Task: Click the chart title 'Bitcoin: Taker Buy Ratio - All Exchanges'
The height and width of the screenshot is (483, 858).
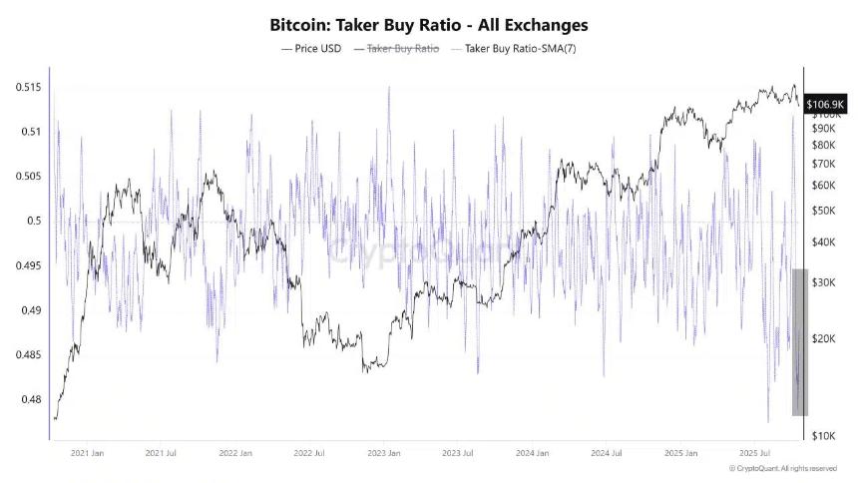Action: point(429,23)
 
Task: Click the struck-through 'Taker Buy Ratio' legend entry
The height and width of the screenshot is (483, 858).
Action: point(396,48)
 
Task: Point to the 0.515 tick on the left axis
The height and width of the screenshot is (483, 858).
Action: point(28,88)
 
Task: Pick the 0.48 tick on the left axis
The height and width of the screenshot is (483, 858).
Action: point(30,399)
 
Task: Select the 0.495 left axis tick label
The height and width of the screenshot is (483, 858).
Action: point(28,265)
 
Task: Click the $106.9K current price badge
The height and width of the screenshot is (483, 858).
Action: point(826,104)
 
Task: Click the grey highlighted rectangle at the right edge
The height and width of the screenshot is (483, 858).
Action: point(799,341)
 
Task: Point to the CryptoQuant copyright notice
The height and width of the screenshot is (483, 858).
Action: point(783,468)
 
